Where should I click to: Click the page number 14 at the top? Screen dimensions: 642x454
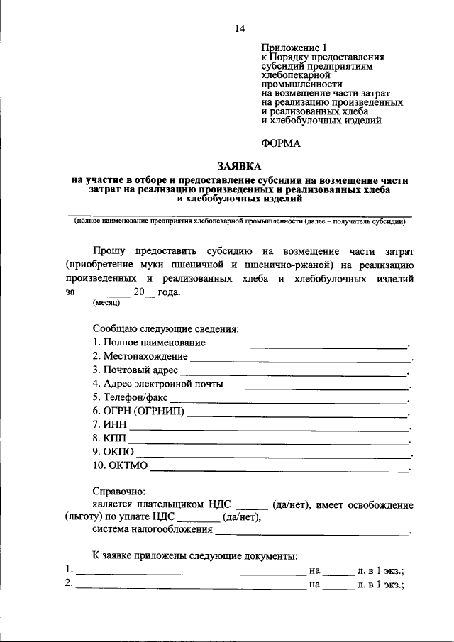[239, 28]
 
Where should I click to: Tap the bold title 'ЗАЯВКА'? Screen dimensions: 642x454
[239, 165]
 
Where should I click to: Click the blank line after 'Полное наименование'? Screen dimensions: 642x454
[308, 346]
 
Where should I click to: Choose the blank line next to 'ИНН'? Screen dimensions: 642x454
[270, 428]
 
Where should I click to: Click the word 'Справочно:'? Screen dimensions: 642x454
[118, 491]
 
